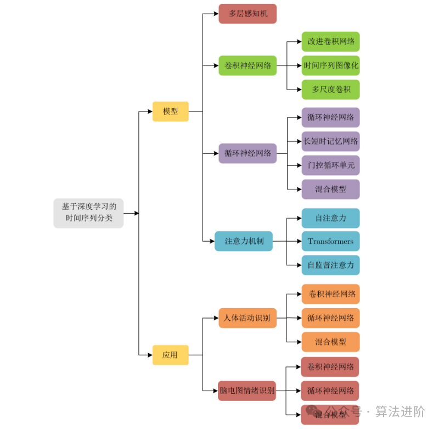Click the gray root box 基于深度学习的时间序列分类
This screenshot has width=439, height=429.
point(88,213)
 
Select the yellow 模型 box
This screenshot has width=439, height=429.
point(170,111)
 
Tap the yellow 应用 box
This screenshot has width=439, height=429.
point(170,355)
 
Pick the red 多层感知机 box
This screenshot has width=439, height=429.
point(247,14)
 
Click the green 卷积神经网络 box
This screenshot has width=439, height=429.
point(247,65)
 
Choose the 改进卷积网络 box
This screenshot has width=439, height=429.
point(330,41)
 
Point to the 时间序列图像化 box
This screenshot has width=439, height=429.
point(330,65)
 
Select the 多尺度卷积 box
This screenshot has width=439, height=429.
point(330,89)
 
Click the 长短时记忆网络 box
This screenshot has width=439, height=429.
point(330,141)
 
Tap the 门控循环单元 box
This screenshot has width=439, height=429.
point(330,165)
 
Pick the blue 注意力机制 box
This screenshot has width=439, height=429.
point(244,241)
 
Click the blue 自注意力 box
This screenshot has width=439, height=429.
point(330,218)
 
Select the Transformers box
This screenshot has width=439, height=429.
point(330,241)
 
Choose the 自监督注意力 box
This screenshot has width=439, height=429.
point(330,265)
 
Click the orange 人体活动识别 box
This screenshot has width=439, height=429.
point(247,318)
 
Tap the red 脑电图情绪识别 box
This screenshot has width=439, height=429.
point(247,391)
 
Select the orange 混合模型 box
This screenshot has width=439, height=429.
point(330,342)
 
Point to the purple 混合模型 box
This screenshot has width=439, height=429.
point(330,189)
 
